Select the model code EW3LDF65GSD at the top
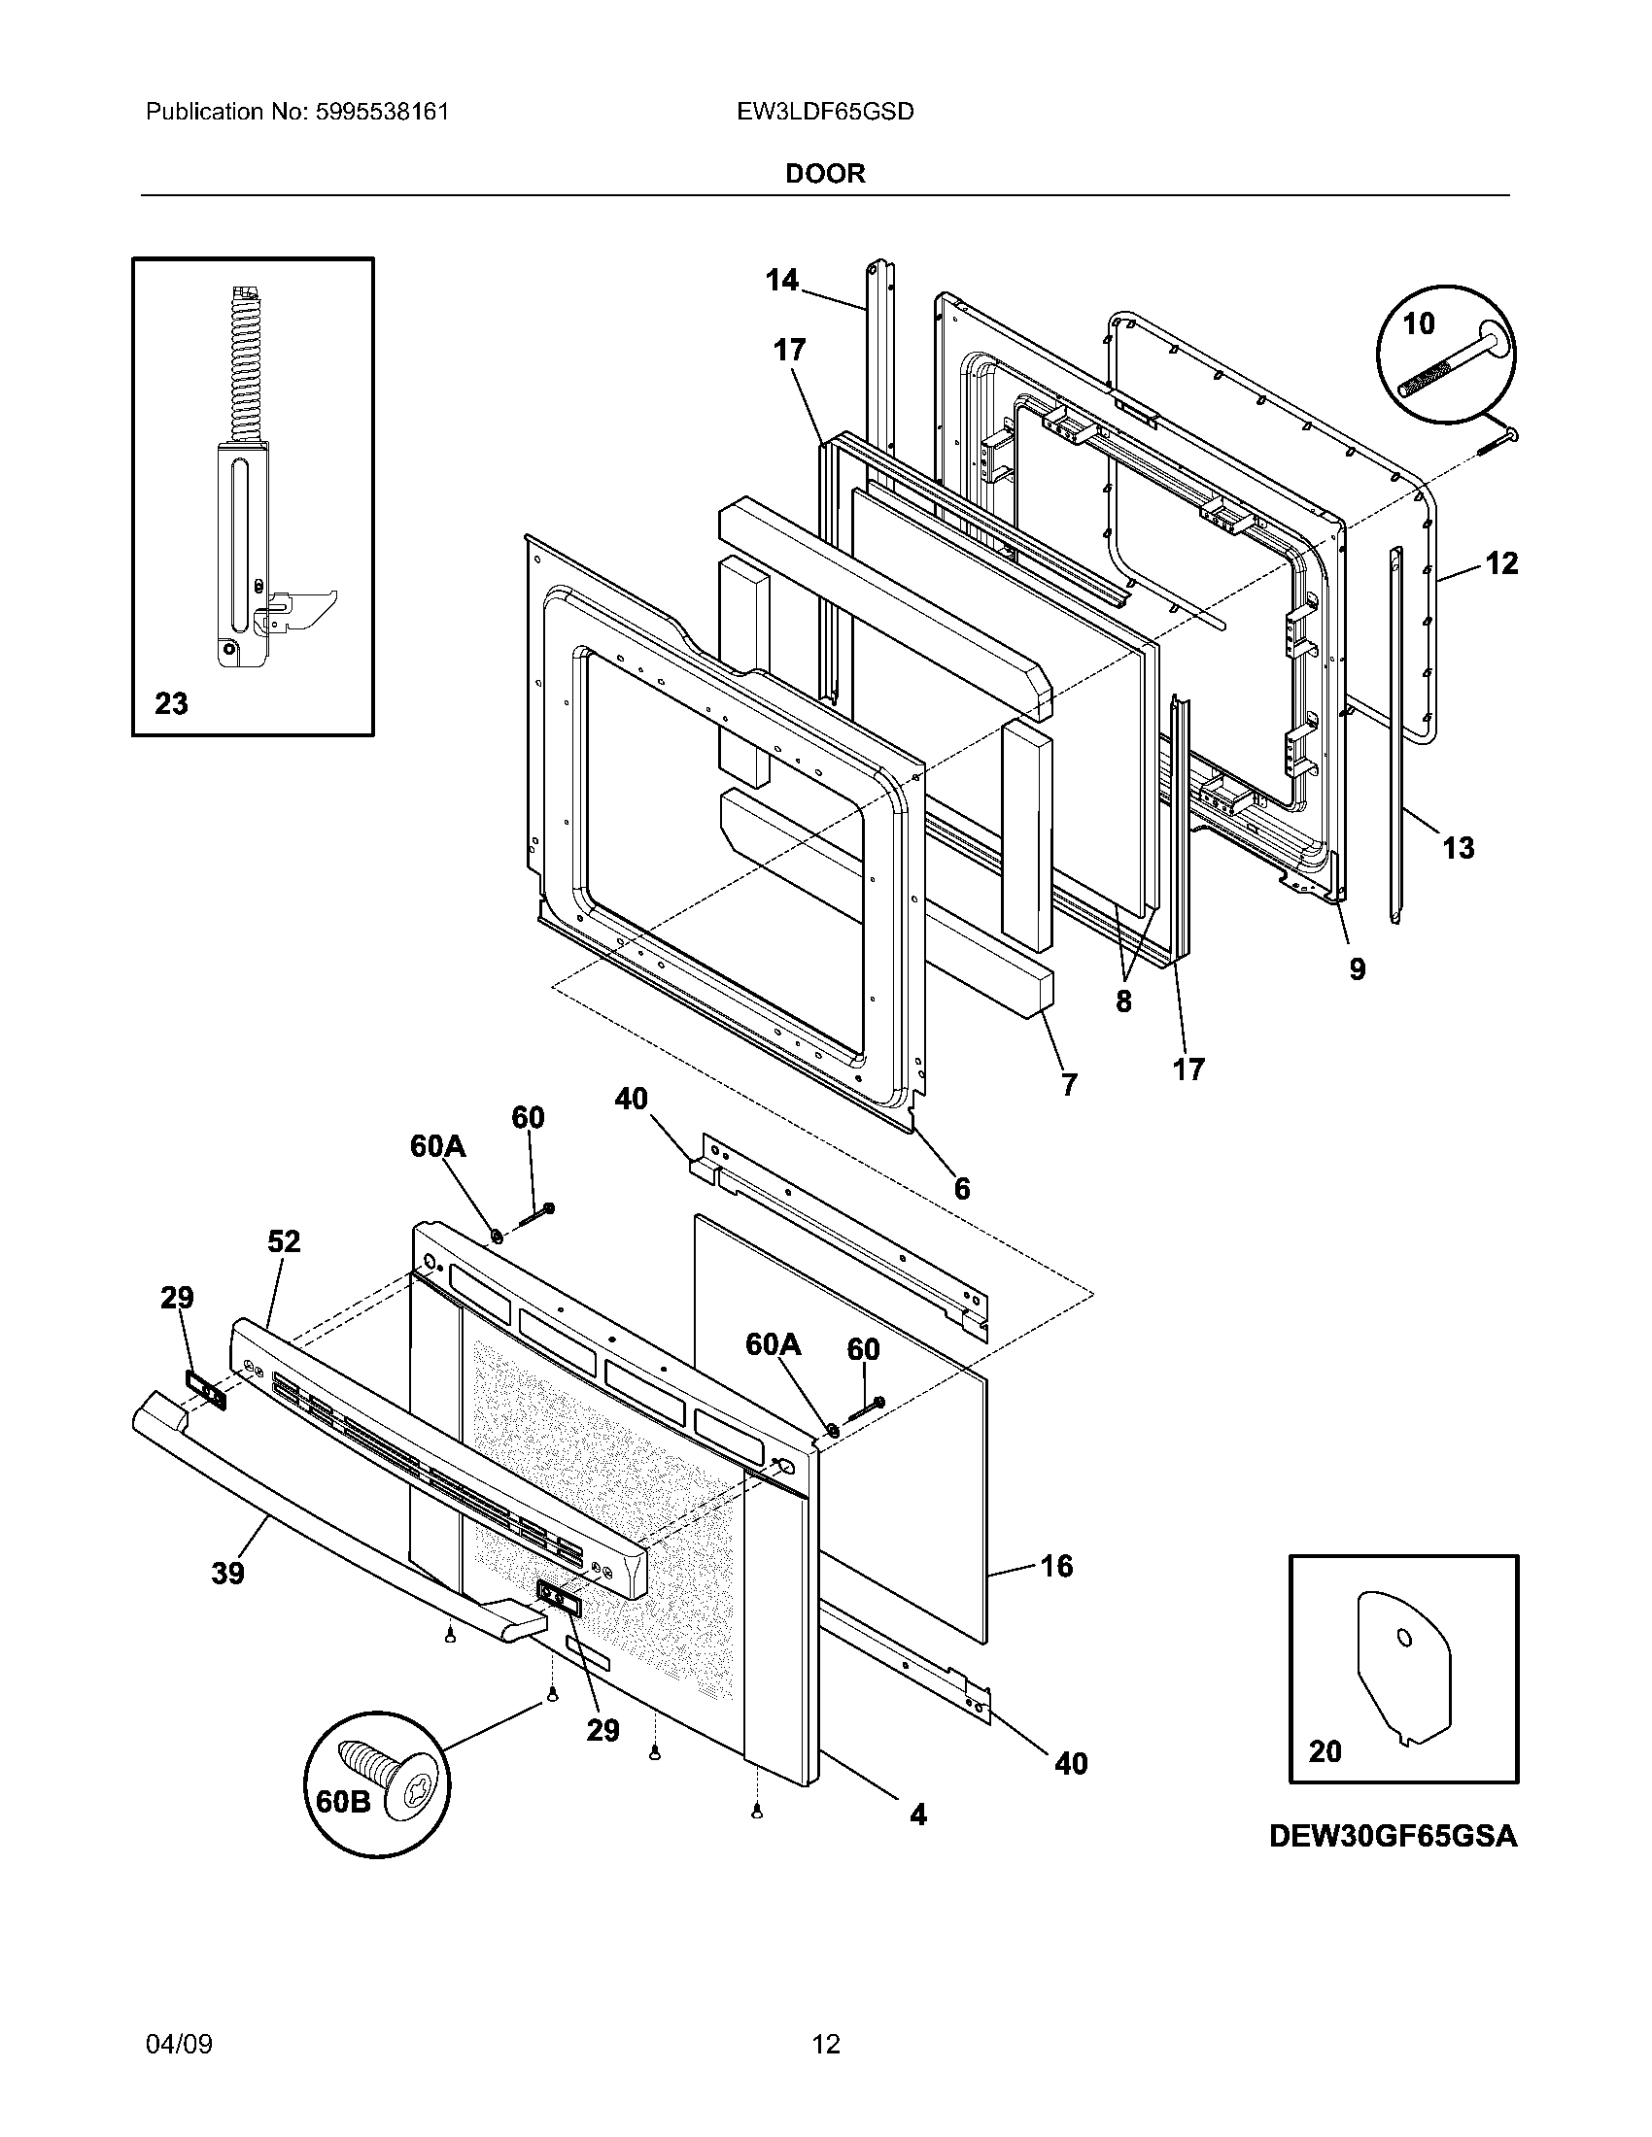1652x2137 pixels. (825, 112)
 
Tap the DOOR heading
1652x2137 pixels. (825, 174)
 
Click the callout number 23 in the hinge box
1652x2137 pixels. (171, 703)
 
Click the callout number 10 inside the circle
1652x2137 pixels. (1418, 323)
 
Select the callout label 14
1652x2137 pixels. (781, 281)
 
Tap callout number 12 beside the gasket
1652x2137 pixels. (1501, 563)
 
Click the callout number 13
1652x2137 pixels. (1458, 847)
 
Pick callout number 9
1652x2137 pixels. (1357, 968)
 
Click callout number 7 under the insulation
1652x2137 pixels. (1069, 1084)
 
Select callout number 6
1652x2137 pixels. (962, 1188)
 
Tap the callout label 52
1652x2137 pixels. (284, 1241)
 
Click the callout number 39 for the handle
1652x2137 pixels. (227, 1574)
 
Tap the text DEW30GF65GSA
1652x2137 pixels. (1393, 1837)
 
